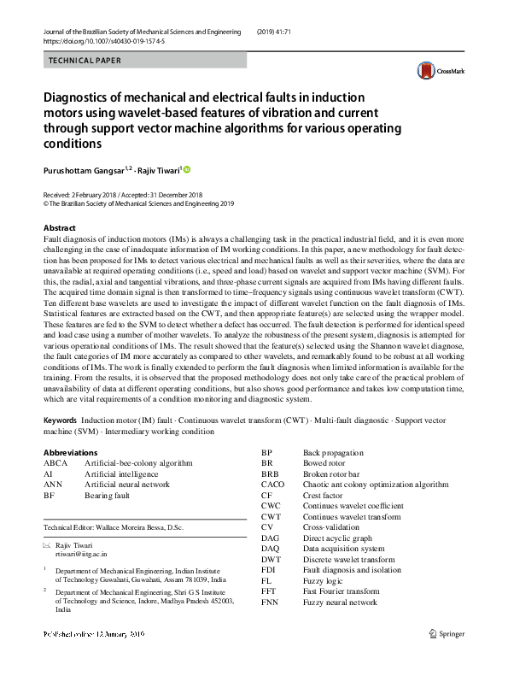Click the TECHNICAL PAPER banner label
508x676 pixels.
click(x=85, y=61)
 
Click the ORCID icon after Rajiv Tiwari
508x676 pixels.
click(x=188, y=169)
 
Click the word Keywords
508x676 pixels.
click(x=60, y=421)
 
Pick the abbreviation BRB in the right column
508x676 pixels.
click(x=270, y=473)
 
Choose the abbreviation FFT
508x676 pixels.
click(x=270, y=591)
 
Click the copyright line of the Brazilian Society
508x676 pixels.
click(x=137, y=204)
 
